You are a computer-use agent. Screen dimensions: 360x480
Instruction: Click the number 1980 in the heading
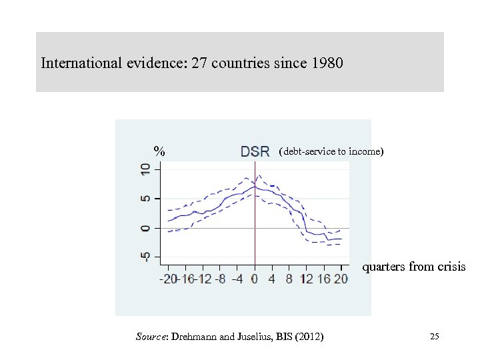(x=327, y=64)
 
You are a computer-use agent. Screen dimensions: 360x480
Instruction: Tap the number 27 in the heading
(x=199, y=64)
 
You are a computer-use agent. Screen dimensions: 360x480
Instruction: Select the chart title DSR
(x=255, y=151)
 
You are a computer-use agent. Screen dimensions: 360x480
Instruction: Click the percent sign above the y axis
(x=159, y=151)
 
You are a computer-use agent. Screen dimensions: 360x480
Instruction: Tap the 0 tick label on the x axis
(x=254, y=279)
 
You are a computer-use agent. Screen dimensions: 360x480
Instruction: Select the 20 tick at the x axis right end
(x=341, y=279)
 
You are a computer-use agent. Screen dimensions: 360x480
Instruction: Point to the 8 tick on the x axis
(x=289, y=279)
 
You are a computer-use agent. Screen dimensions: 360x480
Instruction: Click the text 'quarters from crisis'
(x=413, y=267)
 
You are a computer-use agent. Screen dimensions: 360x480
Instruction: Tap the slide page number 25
(x=435, y=337)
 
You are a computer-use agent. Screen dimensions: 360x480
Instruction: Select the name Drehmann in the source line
(x=195, y=337)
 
